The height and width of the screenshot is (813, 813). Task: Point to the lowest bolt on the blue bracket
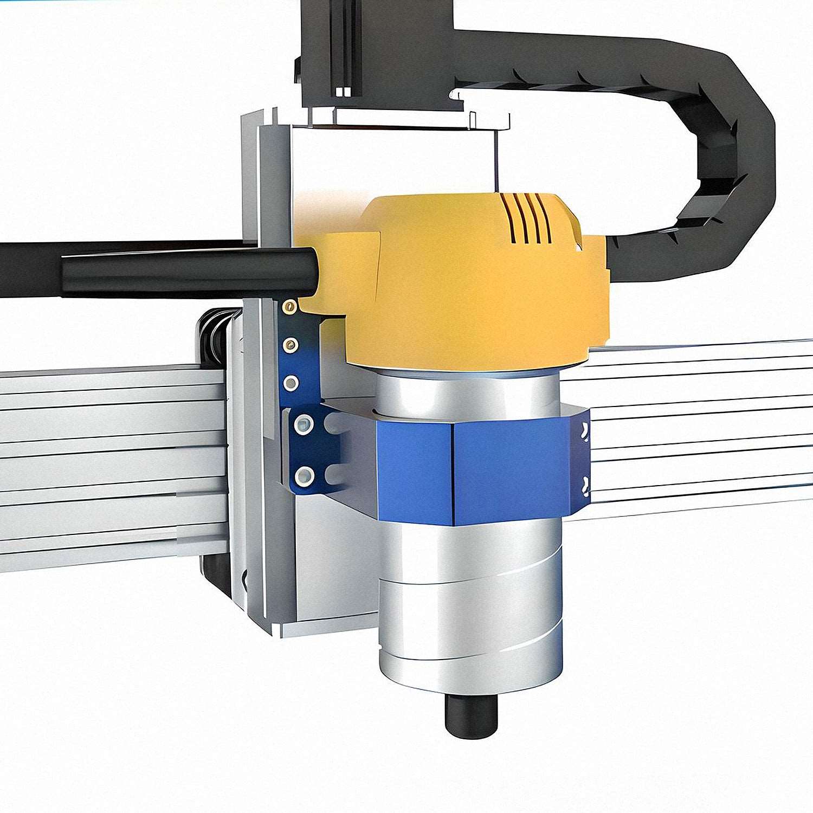(x=304, y=475)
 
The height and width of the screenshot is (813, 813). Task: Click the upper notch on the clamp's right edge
(x=584, y=431)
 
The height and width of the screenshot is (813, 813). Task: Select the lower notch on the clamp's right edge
(x=584, y=485)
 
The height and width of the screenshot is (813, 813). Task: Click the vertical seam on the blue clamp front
(x=454, y=472)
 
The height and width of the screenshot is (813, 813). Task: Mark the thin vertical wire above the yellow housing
(x=495, y=163)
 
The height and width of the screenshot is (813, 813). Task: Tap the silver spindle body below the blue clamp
(x=470, y=602)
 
